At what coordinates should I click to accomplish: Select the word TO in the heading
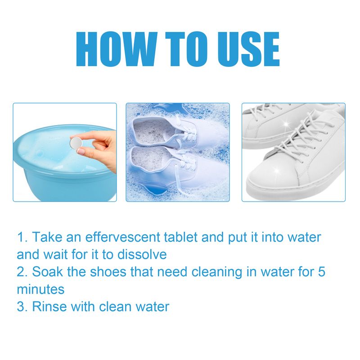click(x=180, y=49)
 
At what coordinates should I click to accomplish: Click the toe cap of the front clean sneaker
click(x=270, y=178)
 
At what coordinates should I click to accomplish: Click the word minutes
click(x=40, y=289)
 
